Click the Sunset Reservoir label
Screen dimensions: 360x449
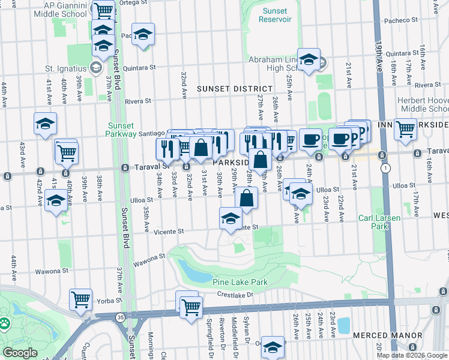pyautogui.click(x=274, y=15)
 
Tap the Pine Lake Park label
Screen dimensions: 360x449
pyautogui.click(x=240, y=281)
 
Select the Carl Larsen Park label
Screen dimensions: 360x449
pyautogui.click(x=379, y=222)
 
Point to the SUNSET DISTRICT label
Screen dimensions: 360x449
pyautogui.click(x=231, y=89)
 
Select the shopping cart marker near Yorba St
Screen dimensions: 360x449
pyautogui.click(x=80, y=299)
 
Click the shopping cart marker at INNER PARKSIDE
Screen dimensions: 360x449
pyautogui.click(x=406, y=128)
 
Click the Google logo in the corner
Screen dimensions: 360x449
pyautogui.click(x=20, y=353)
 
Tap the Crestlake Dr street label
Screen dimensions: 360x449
pyautogui.click(x=236, y=295)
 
